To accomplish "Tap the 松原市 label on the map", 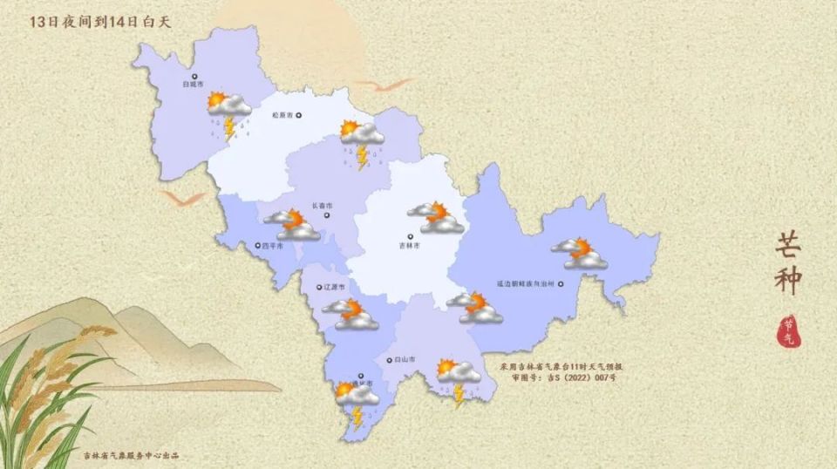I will pos(280,114).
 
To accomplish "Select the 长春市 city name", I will pos(323,206).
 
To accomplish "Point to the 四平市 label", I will pos(273,246).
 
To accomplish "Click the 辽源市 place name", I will pos(334,286).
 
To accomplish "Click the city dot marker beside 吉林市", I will pos(410,234).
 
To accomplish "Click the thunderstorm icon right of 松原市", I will pos(362,142).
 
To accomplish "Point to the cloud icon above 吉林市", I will pos(436,217).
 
